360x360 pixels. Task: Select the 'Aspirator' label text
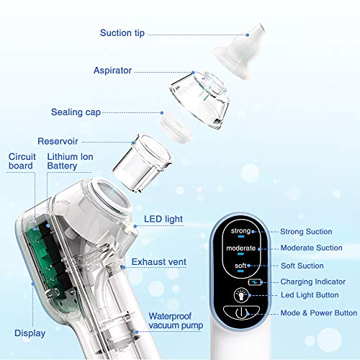(114, 71)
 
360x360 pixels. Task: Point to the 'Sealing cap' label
(75, 112)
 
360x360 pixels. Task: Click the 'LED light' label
(163, 218)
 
